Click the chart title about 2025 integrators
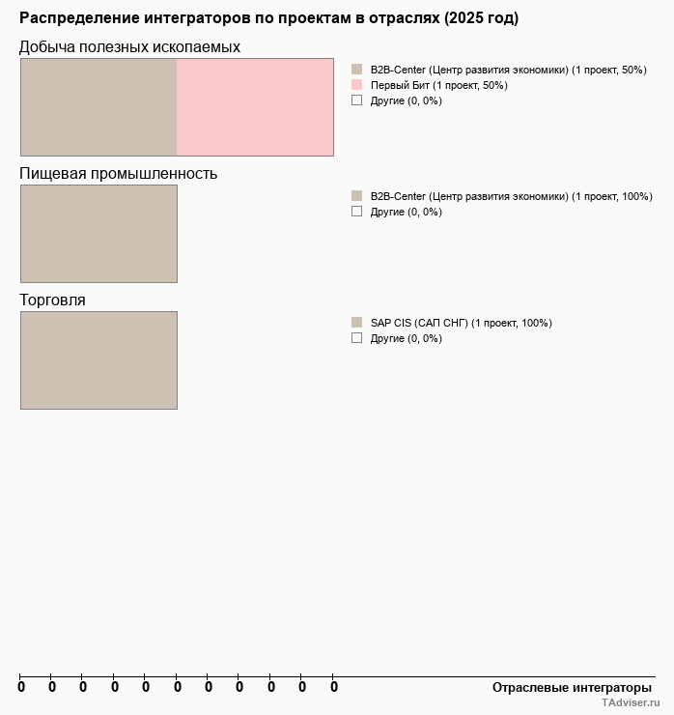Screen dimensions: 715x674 [x=268, y=18]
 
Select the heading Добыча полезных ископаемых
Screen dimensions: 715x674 [x=130, y=47]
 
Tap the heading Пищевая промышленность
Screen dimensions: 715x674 [x=119, y=174]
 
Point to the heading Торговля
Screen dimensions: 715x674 [x=53, y=300]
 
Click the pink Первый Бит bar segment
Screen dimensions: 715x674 [x=255, y=107]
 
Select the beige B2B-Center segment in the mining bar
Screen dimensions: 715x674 [x=98, y=107]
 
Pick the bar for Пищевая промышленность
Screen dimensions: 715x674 [x=98, y=234]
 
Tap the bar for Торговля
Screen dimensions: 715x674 [x=98, y=360]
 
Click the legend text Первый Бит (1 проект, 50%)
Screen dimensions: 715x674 [x=438, y=85]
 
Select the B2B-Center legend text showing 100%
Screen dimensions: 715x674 [x=511, y=196]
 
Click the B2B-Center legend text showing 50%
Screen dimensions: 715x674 [x=508, y=70]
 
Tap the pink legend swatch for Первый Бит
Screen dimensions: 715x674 [x=356, y=85]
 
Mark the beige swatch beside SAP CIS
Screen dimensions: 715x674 [x=356, y=323]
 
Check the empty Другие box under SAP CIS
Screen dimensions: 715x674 [x=356, y=338]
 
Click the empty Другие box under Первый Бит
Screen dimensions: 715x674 [x=356, y=100]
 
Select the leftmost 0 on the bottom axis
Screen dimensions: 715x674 [x=21, y=687]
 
